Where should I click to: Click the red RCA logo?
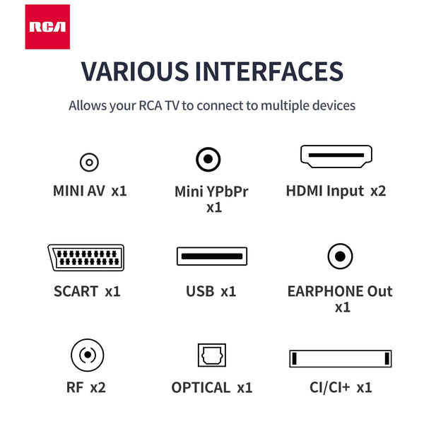[x=47, y=27]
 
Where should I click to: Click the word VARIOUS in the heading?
[x=134, y=72]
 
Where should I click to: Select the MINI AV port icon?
[x=88, y=162]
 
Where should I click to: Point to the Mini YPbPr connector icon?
[x=208, y=160]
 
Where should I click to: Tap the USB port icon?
[x=211, y=257]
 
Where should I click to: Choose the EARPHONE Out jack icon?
[x=340, y=256]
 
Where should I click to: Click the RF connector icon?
[x=88, y=355]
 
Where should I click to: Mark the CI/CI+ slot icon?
[x=340, y=358]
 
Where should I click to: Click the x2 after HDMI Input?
[x=378, y=191]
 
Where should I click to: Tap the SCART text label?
[x=76, y=291]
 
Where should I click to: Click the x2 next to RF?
[x=98, y=387]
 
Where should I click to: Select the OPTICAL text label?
[x=201, y=387]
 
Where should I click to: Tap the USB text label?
[x=199, y=291]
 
